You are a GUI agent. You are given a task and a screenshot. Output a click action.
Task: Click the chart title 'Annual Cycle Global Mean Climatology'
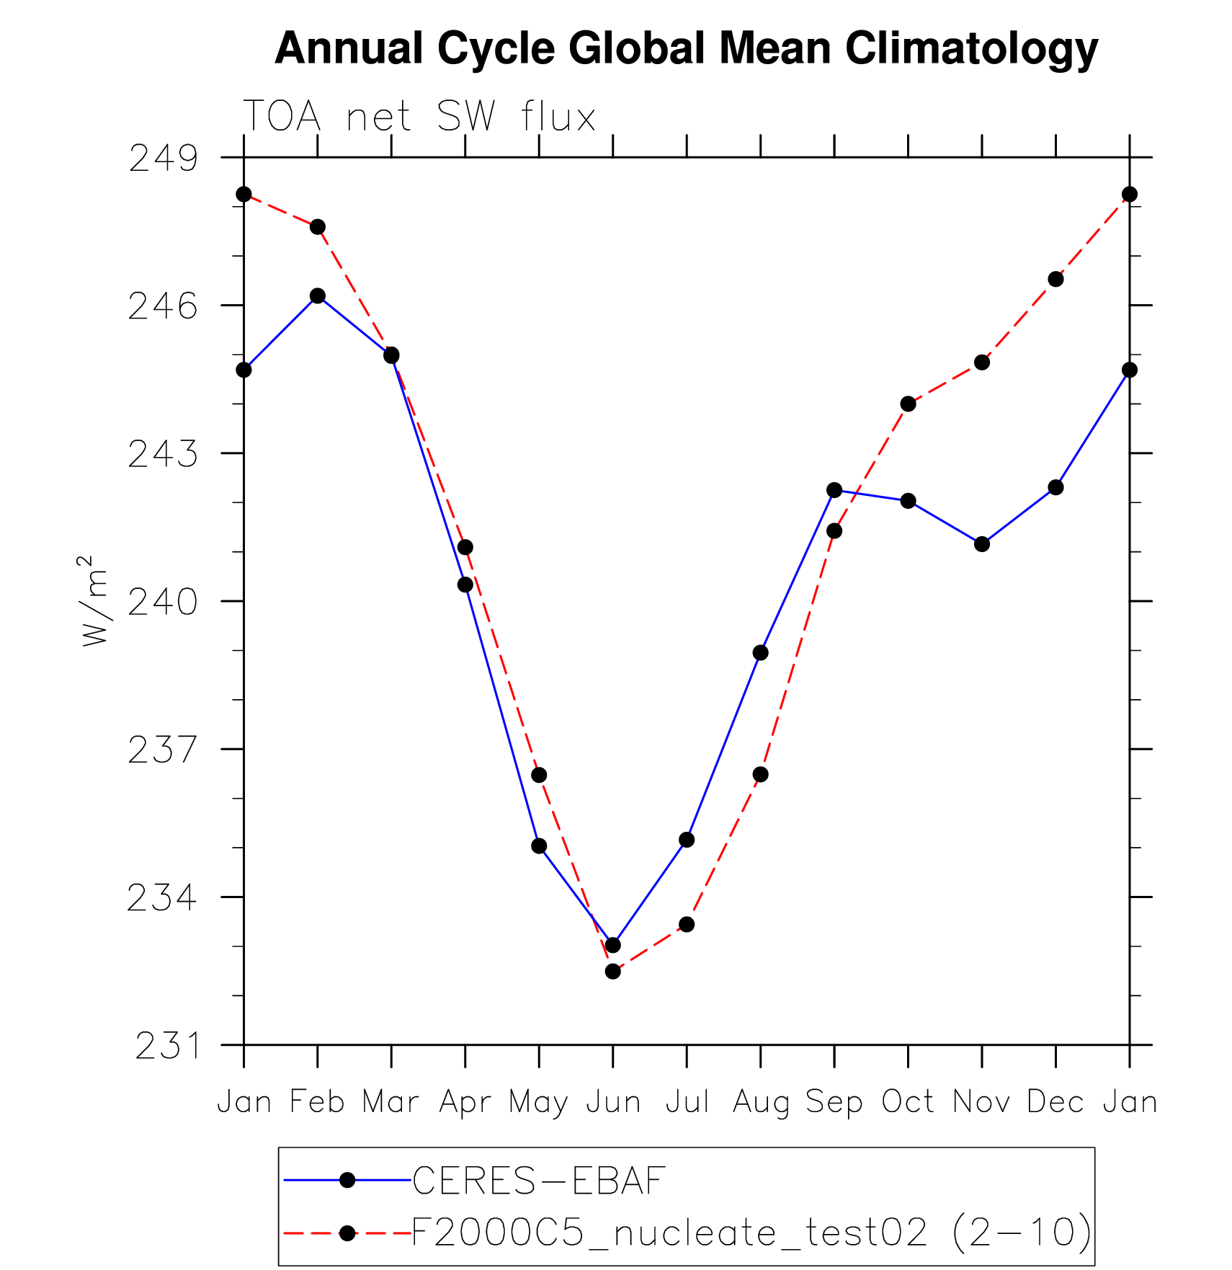(x=686, y=49)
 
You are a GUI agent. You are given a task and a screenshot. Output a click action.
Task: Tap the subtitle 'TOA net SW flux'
(x=419, y=116)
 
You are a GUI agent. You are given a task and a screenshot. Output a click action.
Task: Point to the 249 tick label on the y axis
(x=163, y=159)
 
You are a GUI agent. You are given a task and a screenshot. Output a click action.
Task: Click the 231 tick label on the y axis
(x=166, y=1046)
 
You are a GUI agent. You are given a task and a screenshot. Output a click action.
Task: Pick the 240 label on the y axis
(x=163, y=602)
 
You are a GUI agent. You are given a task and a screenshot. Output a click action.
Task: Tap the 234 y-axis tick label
(x=162, y=898)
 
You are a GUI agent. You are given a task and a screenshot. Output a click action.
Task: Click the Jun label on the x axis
(x=613, y=1102)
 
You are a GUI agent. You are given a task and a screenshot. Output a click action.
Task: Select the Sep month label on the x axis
(x=834, y=1102)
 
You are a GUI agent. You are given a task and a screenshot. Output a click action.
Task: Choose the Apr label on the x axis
(x=465, y=1102)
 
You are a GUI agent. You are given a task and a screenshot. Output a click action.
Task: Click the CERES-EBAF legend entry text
(x=538, y=1181)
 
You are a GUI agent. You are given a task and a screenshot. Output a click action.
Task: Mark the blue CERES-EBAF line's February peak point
(x=318, y=296)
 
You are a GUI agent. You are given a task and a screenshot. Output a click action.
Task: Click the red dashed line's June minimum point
(x=613, y=972)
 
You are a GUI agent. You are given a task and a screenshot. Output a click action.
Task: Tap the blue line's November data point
(x=982, y=544)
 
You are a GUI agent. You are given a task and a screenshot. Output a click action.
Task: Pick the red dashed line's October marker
(x=908, y=404)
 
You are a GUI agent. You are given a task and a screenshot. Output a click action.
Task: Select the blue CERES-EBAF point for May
(x=539, y=846)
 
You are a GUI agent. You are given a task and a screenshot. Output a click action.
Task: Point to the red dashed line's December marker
(x=1055, y=279)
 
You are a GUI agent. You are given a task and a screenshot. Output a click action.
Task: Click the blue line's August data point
(x=760, y=653)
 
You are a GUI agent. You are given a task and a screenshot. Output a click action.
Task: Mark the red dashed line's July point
(x=687, y=925)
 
